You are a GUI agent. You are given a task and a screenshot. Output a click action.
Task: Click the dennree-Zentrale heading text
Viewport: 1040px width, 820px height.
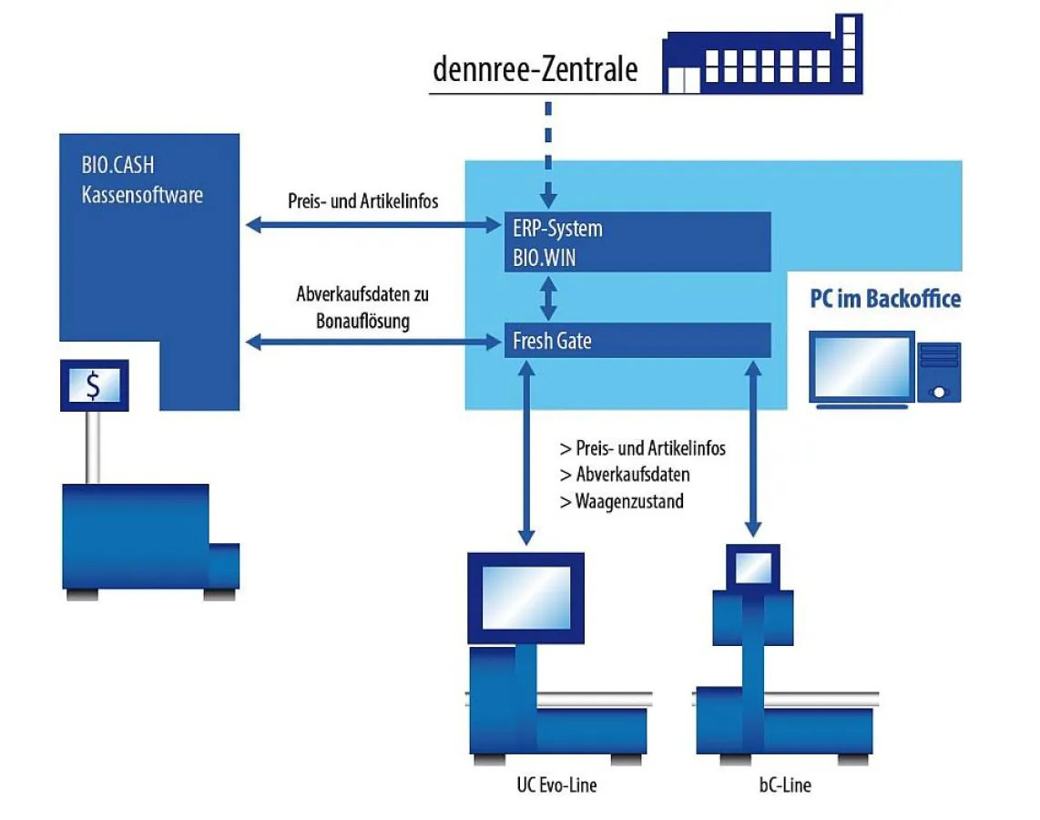[x=535, y=70]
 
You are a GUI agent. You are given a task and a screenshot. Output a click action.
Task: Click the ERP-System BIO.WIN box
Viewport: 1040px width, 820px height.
[x=637, y=242]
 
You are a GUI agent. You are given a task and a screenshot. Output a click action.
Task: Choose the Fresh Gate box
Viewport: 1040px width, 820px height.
[x=637, y=341]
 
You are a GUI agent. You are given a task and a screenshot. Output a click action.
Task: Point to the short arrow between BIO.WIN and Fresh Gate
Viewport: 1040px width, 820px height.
[x=548, y=297]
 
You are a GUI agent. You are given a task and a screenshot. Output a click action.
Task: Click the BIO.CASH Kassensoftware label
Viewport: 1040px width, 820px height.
[x=141, y=181]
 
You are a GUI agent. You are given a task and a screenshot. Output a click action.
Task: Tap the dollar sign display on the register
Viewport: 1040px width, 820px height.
[x=94, y=385]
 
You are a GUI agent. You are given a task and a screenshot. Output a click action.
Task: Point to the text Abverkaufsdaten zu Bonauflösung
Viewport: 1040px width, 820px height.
[x=362, y=308]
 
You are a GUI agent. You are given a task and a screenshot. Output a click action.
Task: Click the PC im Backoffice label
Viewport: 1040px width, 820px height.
[x=885, y=299]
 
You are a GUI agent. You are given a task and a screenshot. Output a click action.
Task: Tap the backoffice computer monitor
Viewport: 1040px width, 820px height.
[x=861, y=367]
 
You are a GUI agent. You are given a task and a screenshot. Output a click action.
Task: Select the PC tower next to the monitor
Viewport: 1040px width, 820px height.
[x=939, y=371]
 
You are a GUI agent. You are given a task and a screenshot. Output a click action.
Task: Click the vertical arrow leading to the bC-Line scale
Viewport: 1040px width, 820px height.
[x=753, y=446]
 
